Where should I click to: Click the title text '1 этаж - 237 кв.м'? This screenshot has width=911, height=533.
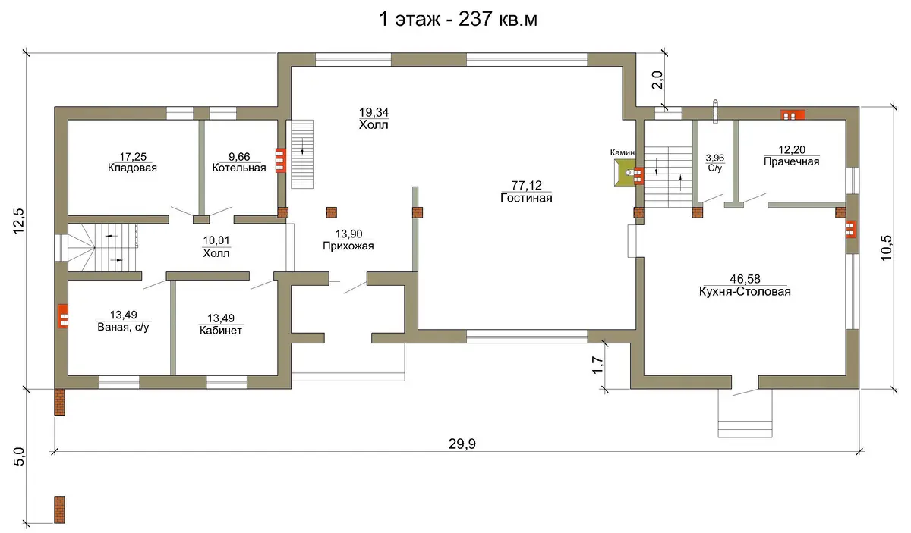click(x=458, y=19)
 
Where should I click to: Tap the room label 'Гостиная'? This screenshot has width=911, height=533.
click(x=526, y=198)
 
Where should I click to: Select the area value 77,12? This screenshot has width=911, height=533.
click(x=527, y=185)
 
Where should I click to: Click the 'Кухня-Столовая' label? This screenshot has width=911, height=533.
click(x=745, y=292)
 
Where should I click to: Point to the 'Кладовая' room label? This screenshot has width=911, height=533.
click(x=132, y=168)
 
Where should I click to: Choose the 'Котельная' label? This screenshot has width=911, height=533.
click(x=239, y=168)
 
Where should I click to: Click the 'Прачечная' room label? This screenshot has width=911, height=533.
click(x=791, y=161)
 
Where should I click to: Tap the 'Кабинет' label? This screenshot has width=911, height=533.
click(x=221, y=331)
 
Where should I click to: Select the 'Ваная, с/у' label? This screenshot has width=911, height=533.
click(x=123, y=327)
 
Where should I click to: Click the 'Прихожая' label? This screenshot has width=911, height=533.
click(x=348, y=246)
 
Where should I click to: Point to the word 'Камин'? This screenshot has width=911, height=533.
click(x=623, y=152)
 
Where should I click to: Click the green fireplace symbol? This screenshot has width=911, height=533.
click(x=624, y=173)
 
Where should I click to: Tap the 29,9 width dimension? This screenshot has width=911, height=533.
click(x=462, y=444)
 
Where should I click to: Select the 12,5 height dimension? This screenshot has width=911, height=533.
click(x=19, y=221)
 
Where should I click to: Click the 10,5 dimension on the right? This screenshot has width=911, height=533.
click(x=887, y=248)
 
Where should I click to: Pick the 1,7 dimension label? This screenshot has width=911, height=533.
click(x=597, y=365)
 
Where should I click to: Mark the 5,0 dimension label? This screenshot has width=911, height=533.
click(x=19, y=456)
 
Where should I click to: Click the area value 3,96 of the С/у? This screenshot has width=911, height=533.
click(x=714, y=158)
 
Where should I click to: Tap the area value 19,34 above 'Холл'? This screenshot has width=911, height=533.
click(x=374, y=111)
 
